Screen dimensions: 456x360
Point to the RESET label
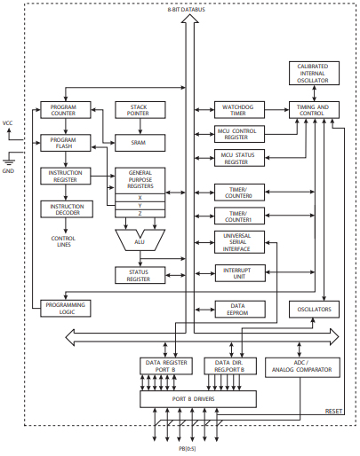pos(333,411)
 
